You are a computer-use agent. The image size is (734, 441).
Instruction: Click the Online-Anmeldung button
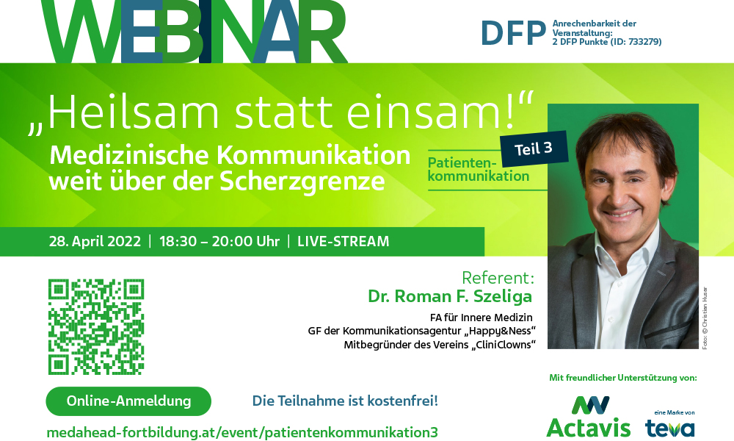tap(128, 401)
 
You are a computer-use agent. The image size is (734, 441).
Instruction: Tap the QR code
tap(96, 326)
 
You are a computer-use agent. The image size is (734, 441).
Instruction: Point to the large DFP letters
tap(514, 33)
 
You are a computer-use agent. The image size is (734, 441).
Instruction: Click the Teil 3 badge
tap(534, 148)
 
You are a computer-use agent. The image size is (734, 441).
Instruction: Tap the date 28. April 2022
tap(95, 241)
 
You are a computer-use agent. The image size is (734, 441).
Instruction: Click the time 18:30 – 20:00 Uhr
tap(219, 241)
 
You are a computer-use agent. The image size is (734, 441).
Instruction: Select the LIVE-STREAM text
tap(343, 241)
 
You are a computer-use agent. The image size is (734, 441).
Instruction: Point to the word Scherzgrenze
tap(302, 182)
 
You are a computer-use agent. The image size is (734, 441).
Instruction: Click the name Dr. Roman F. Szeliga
tap(450, 296)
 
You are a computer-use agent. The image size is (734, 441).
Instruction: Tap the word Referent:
tap(498, 277)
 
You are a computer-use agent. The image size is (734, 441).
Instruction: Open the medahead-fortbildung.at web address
tap(242, 432)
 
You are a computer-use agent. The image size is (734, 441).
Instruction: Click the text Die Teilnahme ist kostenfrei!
tap(345, 401)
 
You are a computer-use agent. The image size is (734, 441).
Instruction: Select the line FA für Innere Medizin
tap(482, 318)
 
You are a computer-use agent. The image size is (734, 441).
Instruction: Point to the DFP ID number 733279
tap(644, 42)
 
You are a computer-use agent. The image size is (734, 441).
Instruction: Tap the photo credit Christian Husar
tap(705, 318)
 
